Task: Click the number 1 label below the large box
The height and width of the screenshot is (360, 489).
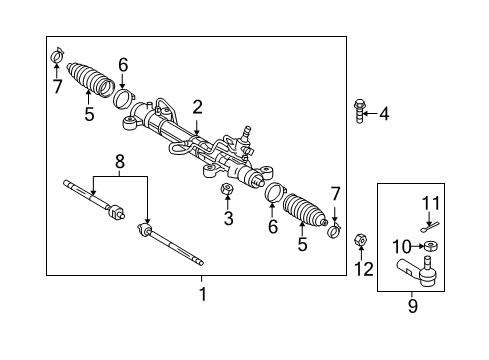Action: click(202, 294)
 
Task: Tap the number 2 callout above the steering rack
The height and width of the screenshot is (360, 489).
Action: click(198, 107)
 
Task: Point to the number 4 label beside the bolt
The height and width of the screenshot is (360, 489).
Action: click(384, 114)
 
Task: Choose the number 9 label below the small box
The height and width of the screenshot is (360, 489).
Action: click(412, 306)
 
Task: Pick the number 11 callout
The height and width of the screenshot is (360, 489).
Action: click(430, 204)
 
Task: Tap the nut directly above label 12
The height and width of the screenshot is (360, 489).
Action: click(360, 240)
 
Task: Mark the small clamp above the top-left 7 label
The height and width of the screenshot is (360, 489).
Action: click(56, 53)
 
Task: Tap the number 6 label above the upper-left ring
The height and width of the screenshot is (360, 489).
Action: click(123, 65)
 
